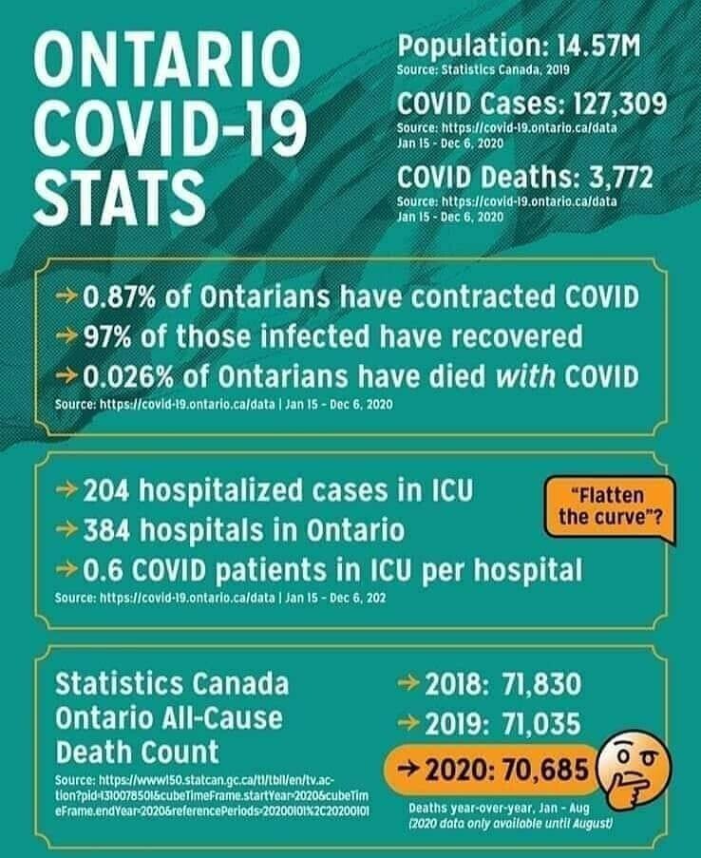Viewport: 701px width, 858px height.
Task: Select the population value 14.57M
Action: (x=588, y=46)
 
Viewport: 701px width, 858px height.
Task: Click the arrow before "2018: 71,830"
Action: (x=407, y=684)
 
